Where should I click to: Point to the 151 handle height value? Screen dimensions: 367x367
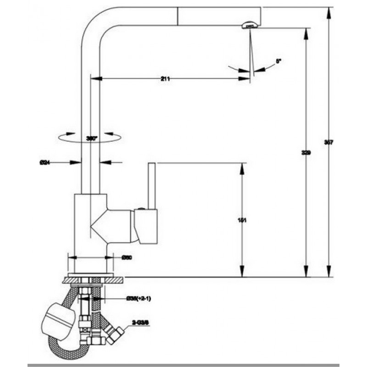(243, 221)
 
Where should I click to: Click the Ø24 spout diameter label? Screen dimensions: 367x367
(44, 162)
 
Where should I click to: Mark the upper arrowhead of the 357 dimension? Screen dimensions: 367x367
(328, 12)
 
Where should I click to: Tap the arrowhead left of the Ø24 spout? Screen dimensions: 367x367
(77, 162)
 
